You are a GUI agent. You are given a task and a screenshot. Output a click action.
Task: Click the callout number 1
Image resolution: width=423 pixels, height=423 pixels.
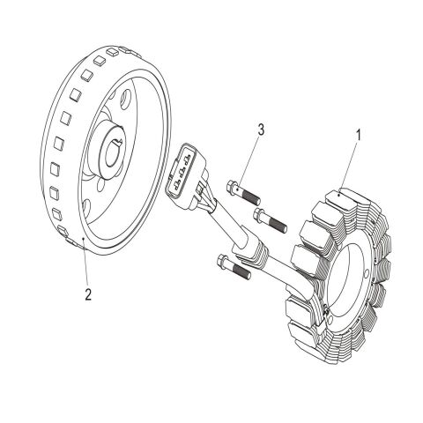click(358, 136)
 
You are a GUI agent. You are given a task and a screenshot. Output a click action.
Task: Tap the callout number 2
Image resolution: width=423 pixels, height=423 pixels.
click(88, 294)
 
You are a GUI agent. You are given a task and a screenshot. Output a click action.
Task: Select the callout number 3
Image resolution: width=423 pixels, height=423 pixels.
click(261, 130)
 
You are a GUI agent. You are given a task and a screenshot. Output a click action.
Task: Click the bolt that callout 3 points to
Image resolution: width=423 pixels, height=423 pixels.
click(243, 193)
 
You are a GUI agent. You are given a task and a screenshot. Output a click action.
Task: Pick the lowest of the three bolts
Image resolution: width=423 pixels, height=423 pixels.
click(234, 266)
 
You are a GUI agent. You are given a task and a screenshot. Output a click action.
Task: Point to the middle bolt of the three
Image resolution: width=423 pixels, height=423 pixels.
click(271, 220)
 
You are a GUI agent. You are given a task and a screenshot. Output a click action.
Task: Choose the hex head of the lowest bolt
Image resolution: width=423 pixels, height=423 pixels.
click(223, 261)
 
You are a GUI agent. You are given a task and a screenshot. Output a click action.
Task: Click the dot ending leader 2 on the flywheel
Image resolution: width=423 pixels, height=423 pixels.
click(84, 240)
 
